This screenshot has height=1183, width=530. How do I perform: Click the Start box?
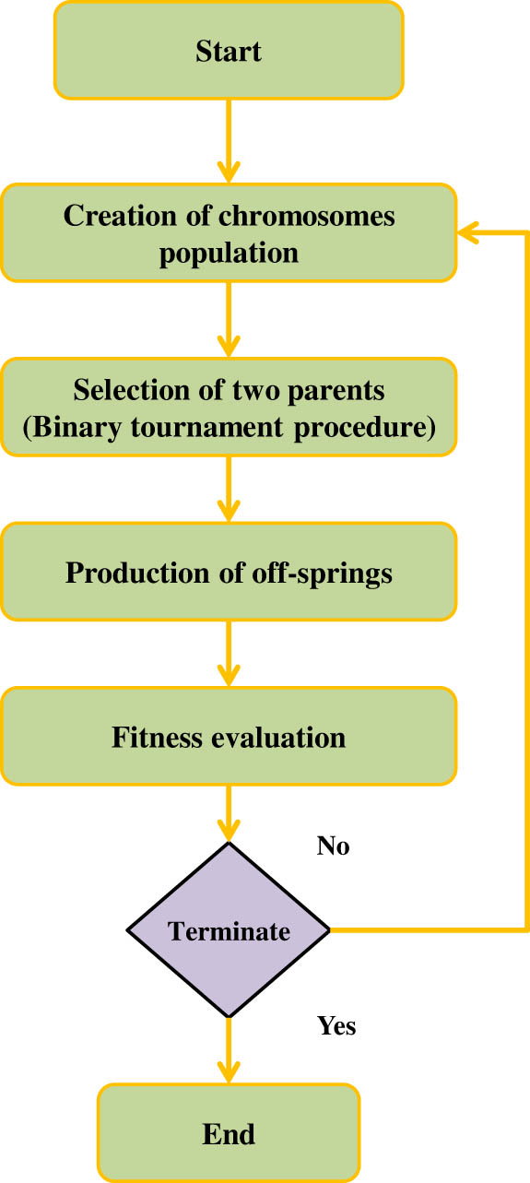tap(228, 50)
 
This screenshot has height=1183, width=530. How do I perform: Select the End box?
tap(228, 1132)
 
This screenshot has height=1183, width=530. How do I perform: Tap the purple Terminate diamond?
tap(228, 930)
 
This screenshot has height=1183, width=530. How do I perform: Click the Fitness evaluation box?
tap(228, 738)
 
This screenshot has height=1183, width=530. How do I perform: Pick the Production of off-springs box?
tap(228, 573)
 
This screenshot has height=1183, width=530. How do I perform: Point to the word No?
tap(334, 846)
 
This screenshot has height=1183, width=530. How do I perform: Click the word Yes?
tap(336, 1024)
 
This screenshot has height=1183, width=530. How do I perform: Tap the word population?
tap(229, 253)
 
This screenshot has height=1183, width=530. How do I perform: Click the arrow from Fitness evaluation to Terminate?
tap(228, 811)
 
